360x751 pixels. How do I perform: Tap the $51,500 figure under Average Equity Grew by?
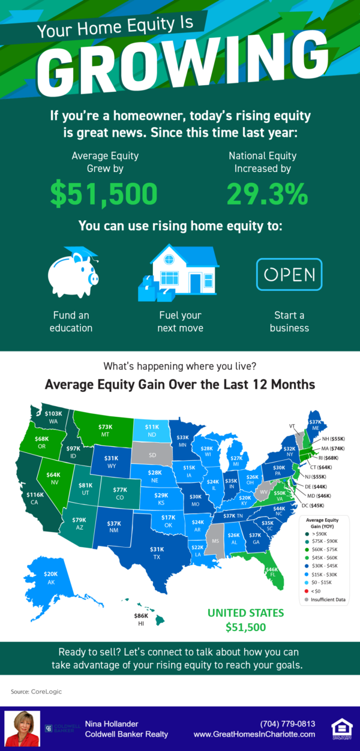point(104,193)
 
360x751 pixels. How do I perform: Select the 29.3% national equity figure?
point(268,193)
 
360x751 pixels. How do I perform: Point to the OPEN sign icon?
point(289,275)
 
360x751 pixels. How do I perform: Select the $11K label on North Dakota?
point(152,426)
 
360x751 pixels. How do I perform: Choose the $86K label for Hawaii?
point(142,616)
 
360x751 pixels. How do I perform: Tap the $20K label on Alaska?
point(51,574)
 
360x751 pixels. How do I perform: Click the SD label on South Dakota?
point(152,455)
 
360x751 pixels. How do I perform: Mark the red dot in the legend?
point(308,590)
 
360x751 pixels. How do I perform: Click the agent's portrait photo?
point(23,728)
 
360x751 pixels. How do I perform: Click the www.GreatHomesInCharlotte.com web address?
point(254,734)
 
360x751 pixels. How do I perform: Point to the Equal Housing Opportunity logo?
point(341,728)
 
